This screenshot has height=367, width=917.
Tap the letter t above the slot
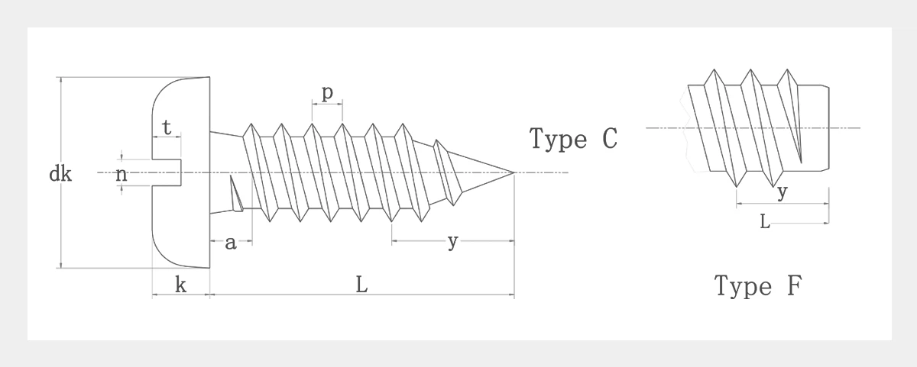[x=167, y=127]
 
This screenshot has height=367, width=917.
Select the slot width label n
[x=121, y=175]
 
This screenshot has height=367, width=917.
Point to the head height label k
[x=180, y=285]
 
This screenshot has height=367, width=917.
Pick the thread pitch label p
[x=327, y=93]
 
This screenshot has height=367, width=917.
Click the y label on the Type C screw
[x=452, y=242]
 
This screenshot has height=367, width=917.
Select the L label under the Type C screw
[x=361, y=285]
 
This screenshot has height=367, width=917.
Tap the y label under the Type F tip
[x=781, y=192]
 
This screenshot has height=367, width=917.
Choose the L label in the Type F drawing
[x=764, y=222]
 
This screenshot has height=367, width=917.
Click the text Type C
[x=573, y=139]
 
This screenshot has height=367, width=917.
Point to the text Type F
[x=758, y=286]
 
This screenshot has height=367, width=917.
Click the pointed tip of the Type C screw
[x=512, y=172]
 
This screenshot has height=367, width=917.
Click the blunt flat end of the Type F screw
[x=828, y=128]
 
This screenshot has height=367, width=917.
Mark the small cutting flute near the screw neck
[x=236, y=195]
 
